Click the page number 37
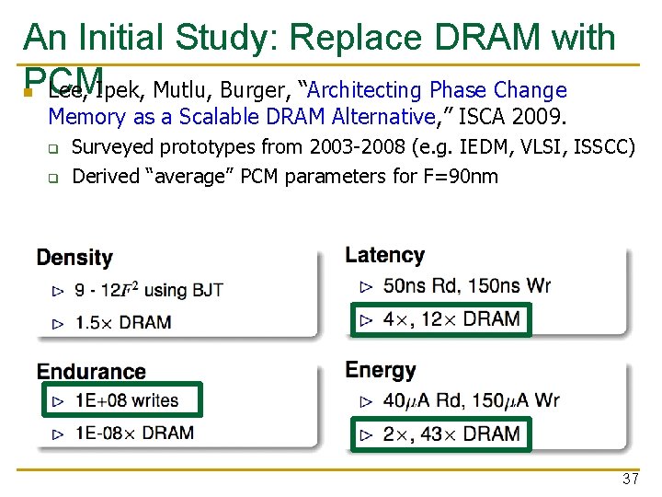[630, 479]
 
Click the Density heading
[74, 258]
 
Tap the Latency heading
[384, 255]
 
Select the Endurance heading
[91, 372]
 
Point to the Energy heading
[381, 370]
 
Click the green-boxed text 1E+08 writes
[127, 400]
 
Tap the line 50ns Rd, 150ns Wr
[466, 285]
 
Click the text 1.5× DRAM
[123, 322]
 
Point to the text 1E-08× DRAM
[134, 432]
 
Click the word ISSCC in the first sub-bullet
[602, 146]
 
